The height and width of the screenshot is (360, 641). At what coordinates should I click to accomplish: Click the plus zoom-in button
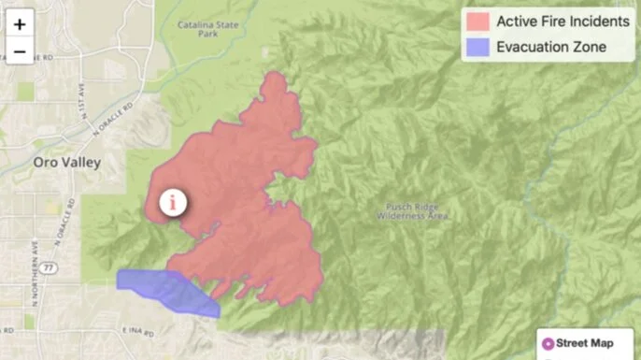click(x=19, y=23)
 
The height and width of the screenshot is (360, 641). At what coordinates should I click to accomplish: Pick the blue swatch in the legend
click(x=478, y=47)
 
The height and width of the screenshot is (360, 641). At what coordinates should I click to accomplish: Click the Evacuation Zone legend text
click(x=551, y=47)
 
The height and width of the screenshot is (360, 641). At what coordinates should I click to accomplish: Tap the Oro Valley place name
click(x=66, y=162)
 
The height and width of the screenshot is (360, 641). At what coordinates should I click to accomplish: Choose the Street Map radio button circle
click(x=548, y=343)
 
